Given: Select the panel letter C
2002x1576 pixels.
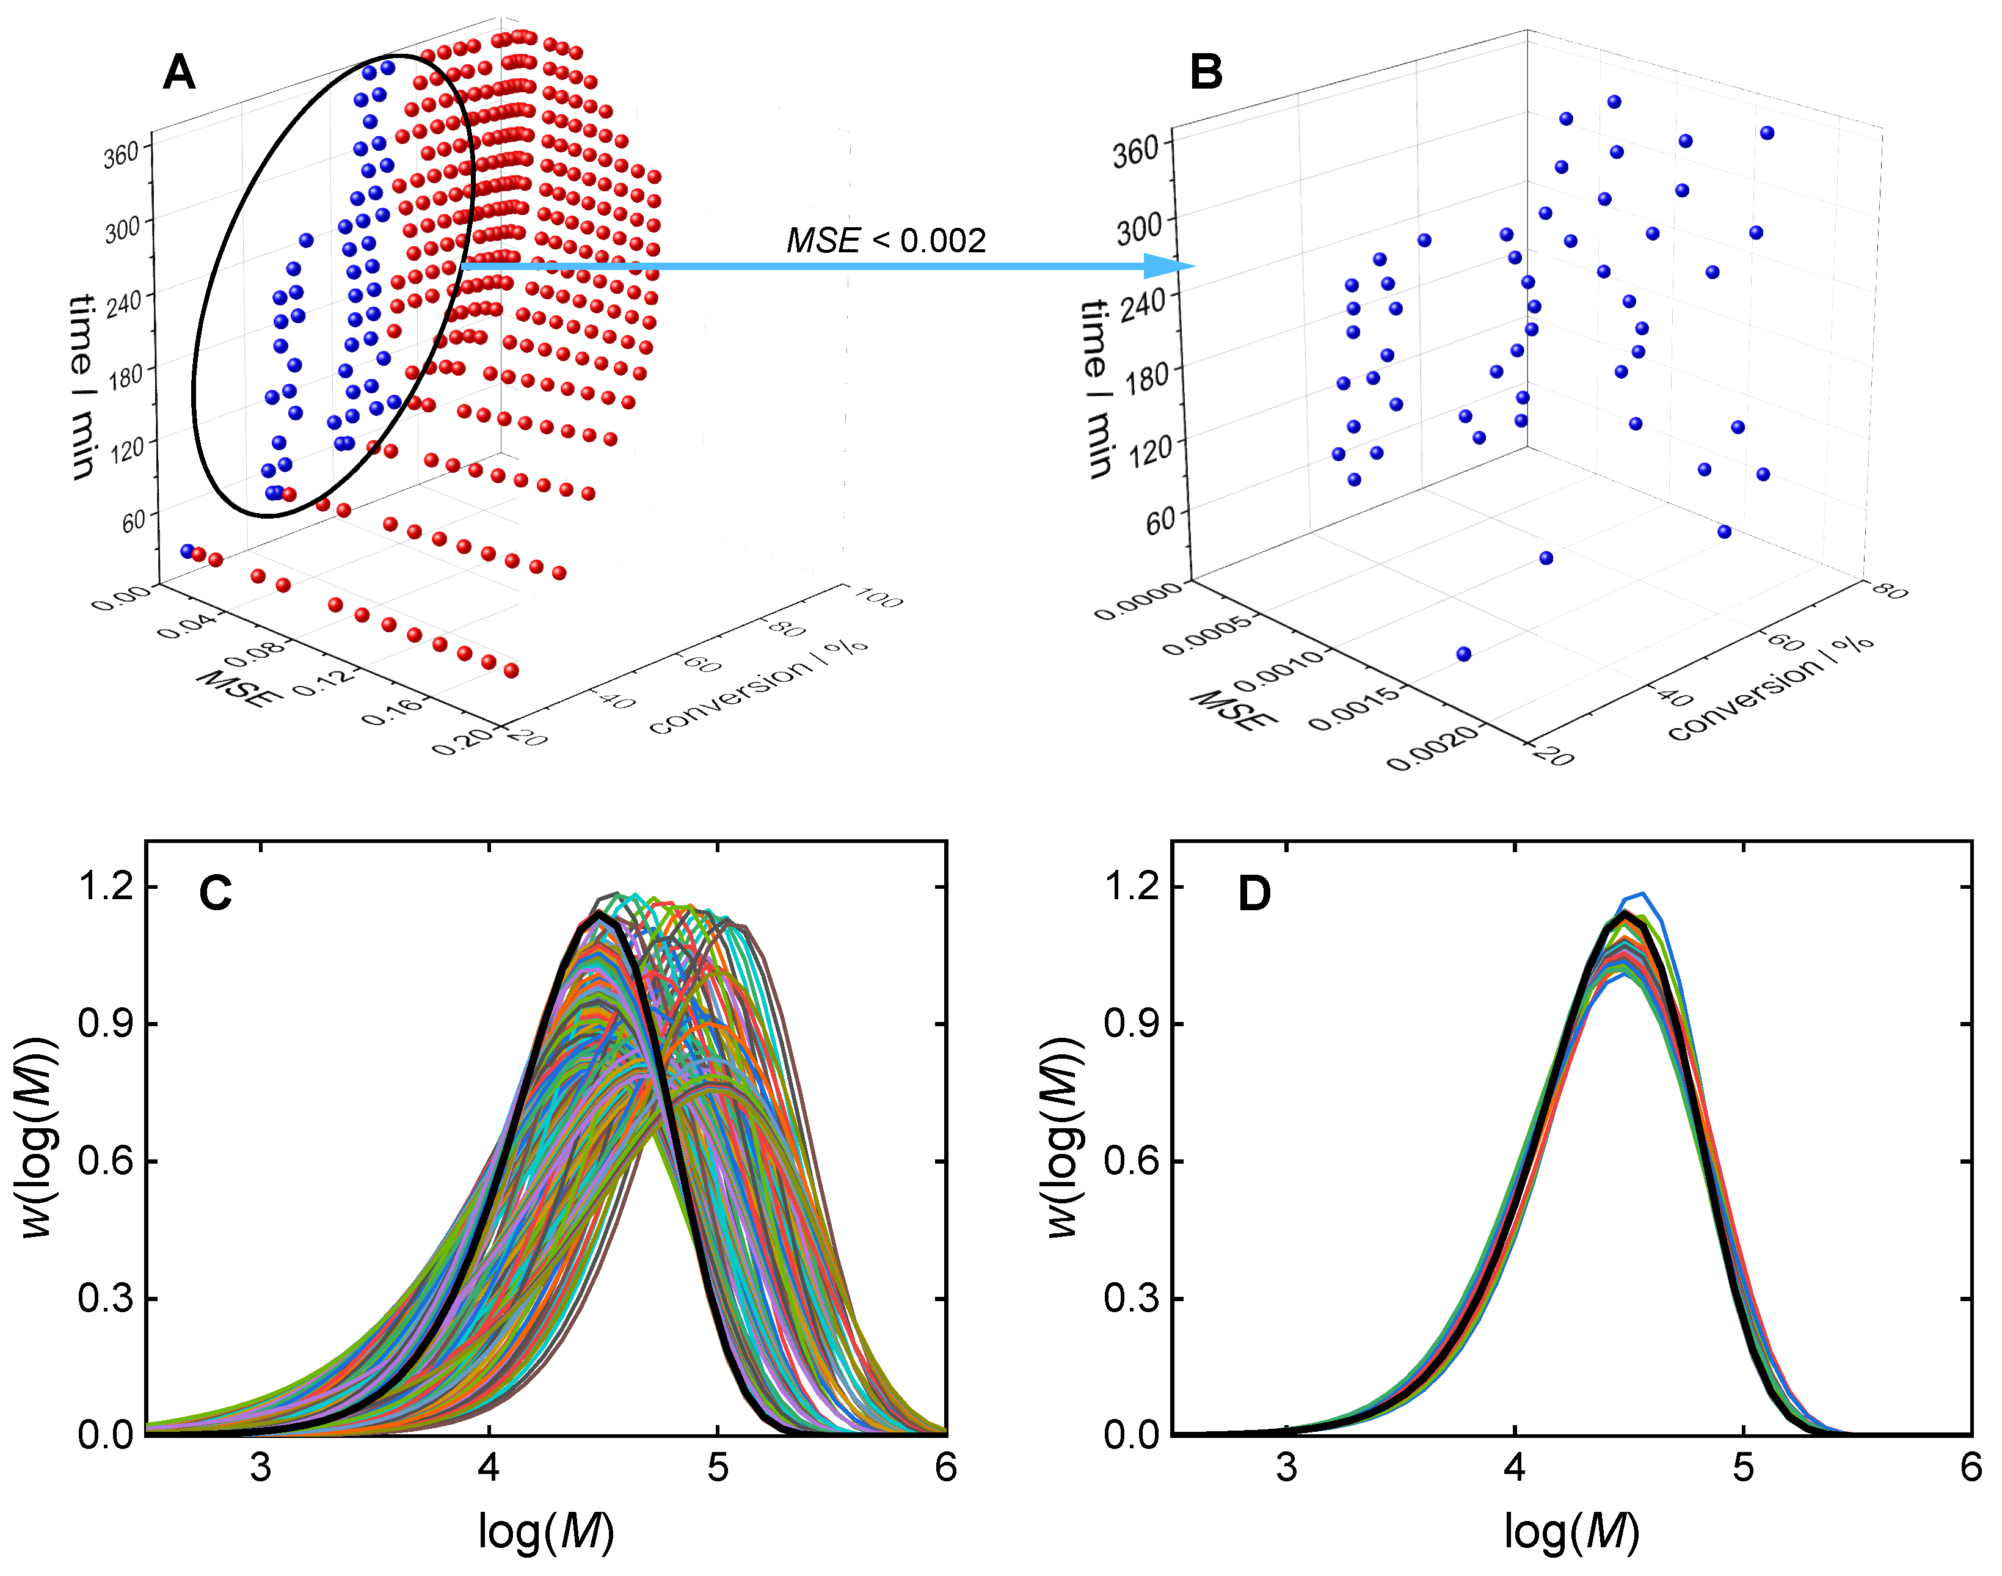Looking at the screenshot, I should [x=216, y=892].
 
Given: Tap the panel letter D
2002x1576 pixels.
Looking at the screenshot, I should [x=1254, y=892].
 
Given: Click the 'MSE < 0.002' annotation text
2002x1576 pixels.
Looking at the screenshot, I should [x=886, y=241].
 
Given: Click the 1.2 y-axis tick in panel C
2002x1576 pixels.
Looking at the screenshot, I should [x=106, y=887].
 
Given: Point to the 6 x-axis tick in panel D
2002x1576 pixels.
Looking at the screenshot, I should [x=1971, y=1467].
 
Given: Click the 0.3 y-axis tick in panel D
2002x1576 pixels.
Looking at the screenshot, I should [x=1132, y=1298].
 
